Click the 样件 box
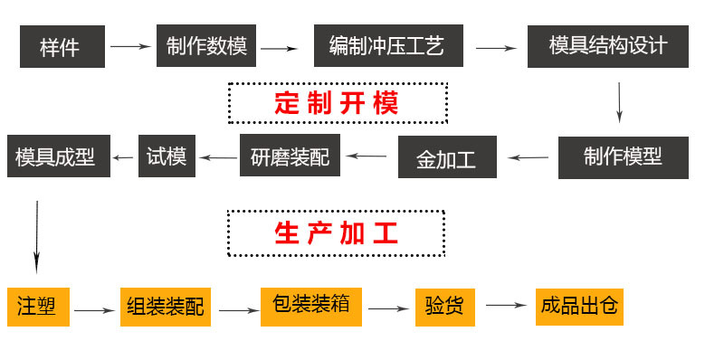tap(62, 47)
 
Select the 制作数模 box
tap(206, 46)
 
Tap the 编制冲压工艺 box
tap(388, 46)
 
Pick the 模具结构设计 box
tap(607, 46)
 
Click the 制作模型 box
tap(623, 157)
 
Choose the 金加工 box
tap(447, 156)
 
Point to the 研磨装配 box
tap(290, 156)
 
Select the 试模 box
tap(167, 156)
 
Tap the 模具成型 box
tap(59, 156)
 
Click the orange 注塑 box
tap(38, 307)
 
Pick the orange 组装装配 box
tap(166, 307)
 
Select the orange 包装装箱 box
tap(311, 307)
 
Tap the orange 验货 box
tap(445, 307)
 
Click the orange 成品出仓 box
tap(579, 307)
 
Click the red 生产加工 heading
tap(336, 233)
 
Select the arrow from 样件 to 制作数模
tap(130, 46)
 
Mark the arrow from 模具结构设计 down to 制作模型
tap(619, 102)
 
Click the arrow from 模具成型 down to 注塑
tap(37, 237)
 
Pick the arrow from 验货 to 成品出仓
tap(506, 305)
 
